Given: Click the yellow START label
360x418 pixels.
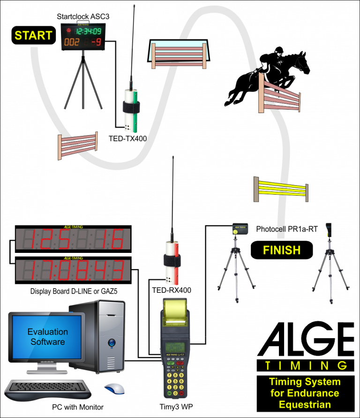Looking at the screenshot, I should click(33, 35).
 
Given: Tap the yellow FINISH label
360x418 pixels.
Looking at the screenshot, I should click(281, 250).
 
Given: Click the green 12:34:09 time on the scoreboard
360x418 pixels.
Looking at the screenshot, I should click(89, 31).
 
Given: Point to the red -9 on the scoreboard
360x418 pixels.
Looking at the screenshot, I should click(96, 43).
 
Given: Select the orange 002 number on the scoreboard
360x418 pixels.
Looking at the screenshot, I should click(72, 43).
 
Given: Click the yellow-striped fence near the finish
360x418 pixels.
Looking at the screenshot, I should click(281, 189).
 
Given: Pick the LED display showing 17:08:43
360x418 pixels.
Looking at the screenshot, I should click(73, 270).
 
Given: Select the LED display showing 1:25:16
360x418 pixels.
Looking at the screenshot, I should click(73, 239).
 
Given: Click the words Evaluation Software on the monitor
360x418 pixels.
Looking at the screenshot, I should click(47, 337).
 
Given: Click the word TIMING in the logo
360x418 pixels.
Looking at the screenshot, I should click(306, 365).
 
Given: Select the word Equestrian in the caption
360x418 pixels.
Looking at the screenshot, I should click(305, 404).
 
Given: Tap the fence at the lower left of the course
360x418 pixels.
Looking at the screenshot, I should click(78, 145).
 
